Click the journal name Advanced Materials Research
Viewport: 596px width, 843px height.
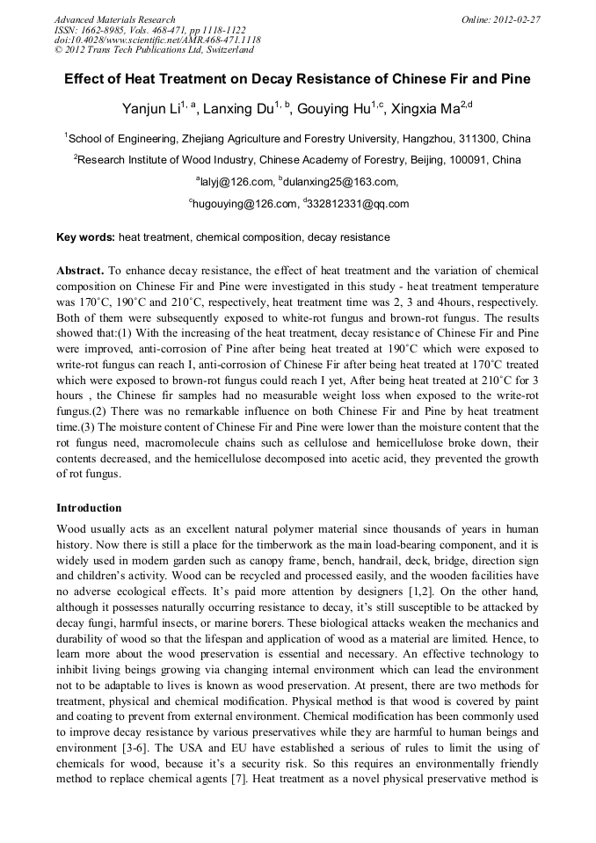pyautogui.click(x=115, y=19)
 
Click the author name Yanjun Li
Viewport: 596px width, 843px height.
pyautogui.click(x=151, y=109)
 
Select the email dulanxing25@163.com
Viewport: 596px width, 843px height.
pyautogui.click(x=339, y=182)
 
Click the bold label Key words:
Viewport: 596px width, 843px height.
pyautogui.click(x=85, y=237)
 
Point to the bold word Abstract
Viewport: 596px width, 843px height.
pyautogui.click(x=79, y=271)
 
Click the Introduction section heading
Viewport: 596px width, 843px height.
pyautogui.click(x=89, y=508)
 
